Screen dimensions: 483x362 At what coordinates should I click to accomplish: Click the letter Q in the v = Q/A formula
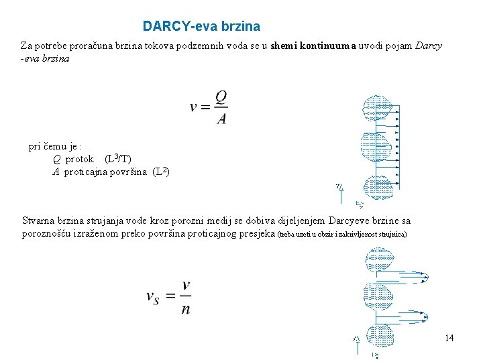pyautogui.click(x=221, y=97)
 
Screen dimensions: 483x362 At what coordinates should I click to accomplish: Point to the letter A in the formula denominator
pyautogui.click(x=221, y=119)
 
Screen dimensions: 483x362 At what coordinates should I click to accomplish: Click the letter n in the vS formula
pyautogui.click(x=186, y=309)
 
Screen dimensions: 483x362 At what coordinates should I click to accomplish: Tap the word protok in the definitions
pyautogui.click(x=79, y=160)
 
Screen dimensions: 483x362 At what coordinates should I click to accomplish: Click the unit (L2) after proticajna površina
pyautogui.click(x=161, y=172)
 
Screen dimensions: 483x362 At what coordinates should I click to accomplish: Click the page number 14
pyautogui.click(x=449, y=338)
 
